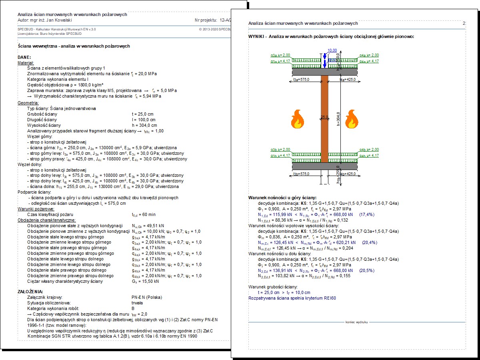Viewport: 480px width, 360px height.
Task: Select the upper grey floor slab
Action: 324,71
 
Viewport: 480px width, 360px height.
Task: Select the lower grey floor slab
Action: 324,166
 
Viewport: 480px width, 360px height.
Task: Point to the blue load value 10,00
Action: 332,50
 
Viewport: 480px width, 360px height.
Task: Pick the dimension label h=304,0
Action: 338,118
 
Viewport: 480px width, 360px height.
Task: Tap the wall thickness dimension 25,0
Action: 324,117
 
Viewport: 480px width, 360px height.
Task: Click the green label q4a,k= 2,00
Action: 369,55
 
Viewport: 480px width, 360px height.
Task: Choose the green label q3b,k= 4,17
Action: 280,156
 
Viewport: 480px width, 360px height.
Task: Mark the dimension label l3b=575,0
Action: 302,174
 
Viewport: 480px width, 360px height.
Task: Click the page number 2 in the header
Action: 464,24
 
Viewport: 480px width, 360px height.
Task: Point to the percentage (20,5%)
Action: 367,270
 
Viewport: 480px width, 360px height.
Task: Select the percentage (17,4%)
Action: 367,214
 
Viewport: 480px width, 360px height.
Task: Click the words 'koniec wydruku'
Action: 356,322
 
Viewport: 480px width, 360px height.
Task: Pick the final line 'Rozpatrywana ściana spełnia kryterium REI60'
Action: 292,298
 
